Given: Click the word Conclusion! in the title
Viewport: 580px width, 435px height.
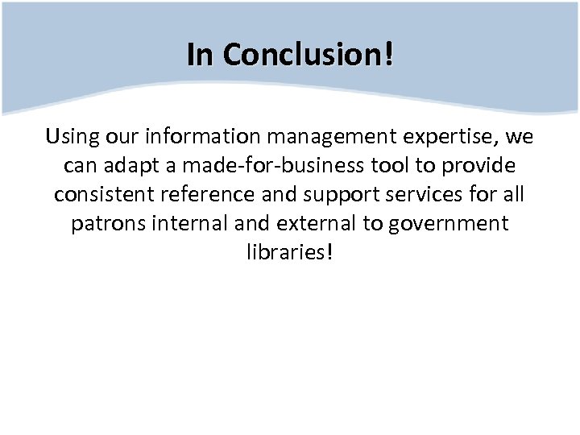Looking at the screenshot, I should pos(309,55).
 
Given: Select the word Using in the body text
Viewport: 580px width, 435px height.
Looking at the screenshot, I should pos(71,137).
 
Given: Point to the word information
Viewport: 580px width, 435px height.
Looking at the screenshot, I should pos(208,137).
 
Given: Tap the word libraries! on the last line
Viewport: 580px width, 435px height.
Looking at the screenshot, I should pos(289,253).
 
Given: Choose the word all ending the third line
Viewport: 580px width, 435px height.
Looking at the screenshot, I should pos(514,195).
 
